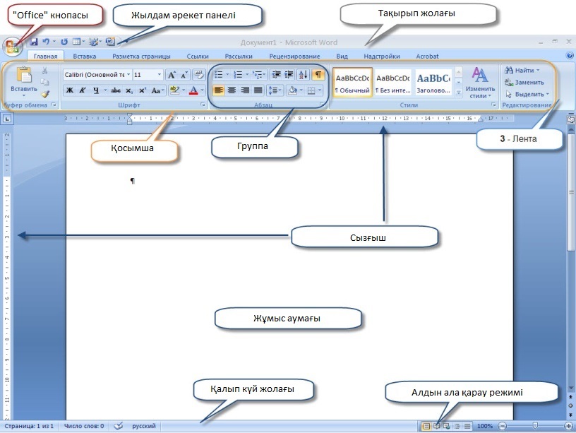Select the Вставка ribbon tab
point(85,56)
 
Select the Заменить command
point(525,82)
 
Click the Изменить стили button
point(480,83)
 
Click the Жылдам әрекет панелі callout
point(184,15)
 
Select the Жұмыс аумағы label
point(287,318)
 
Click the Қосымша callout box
point(133,149)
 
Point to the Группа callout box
point(254,146)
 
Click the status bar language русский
point(145,426)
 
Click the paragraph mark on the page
point(132,182)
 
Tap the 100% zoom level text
point(484,426)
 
